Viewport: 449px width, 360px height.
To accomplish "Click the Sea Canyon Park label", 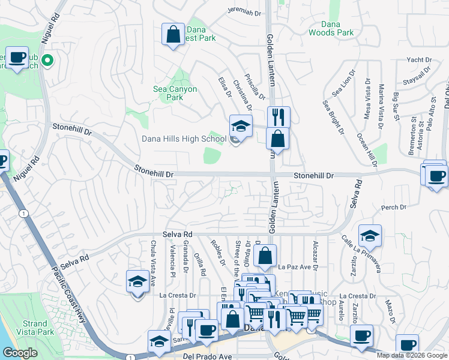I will [175, 93].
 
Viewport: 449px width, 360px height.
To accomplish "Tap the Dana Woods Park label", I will [331, 29].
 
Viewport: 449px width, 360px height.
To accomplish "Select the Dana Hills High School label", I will [184, 139].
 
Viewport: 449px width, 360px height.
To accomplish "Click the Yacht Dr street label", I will [419, 60].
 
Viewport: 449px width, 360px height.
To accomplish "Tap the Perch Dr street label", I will [393, 208].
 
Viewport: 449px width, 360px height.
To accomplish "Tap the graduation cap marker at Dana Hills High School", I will [241, 126].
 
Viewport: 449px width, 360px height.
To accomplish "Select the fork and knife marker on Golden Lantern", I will [279, 116].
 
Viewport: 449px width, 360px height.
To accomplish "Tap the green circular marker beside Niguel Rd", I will [49, 61].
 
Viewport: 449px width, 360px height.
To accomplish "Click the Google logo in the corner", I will [20, 353].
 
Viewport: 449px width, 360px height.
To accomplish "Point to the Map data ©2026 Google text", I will [412, 355].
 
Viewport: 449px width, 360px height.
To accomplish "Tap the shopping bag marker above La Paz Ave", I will [265, 256].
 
